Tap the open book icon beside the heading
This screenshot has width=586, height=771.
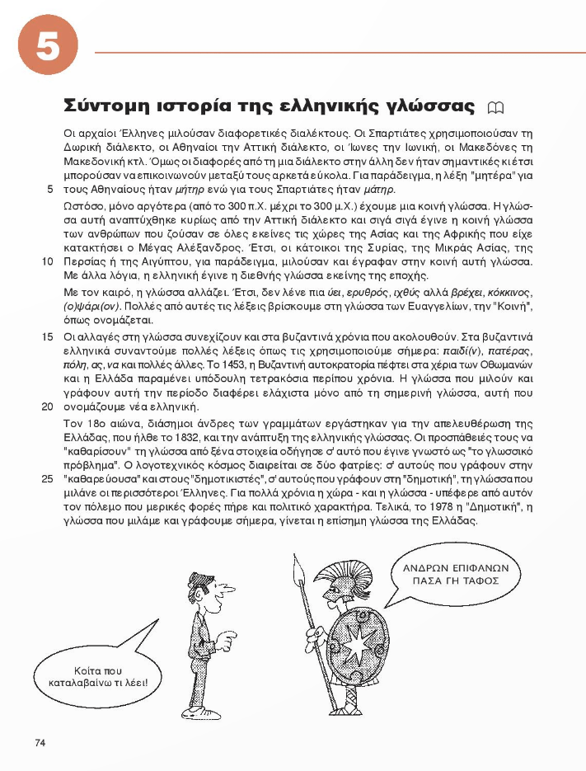coord(495,107)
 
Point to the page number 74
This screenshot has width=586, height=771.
coord(40,742)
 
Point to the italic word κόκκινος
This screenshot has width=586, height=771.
coord(509,291)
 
